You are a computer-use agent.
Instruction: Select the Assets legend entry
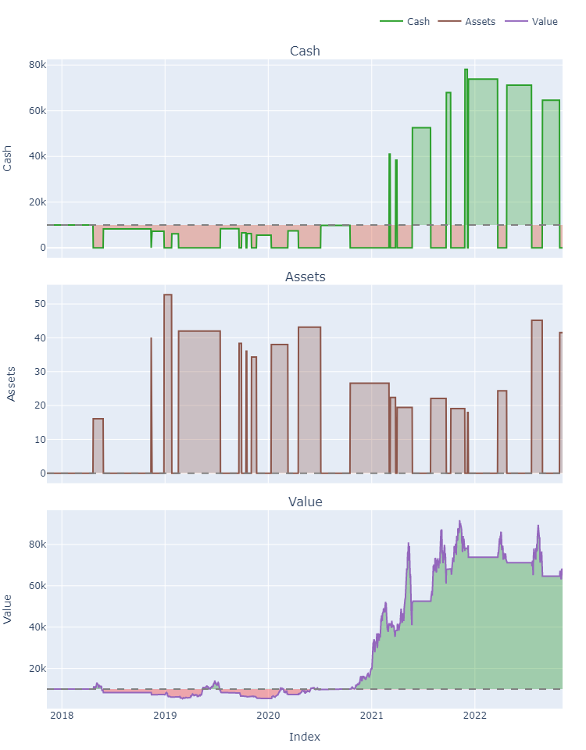click(x=480, y=22)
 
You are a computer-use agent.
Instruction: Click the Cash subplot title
click(x=305, y=52)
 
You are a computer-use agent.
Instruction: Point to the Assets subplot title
click(x=305, y=277)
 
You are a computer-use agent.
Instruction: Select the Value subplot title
click(x=305, y=502)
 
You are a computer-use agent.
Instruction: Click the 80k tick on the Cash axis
click(x=34, y=65)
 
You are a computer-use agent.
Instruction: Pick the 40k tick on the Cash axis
click(x=34, y=156)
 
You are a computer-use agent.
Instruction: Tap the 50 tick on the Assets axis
click(x=34, y=304)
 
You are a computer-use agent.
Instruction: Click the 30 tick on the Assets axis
click(x=34, y=372)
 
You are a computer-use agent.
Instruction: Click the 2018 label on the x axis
click(x=62, y=717)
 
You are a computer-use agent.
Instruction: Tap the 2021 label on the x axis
click(x=371, y=717)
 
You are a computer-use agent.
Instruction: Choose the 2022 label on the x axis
click(x=474, y=717)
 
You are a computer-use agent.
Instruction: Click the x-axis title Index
click(x=305, y=737)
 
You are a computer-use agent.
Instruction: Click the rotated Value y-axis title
click(x=8, y=609)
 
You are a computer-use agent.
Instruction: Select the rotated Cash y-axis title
click(x=8, y=157)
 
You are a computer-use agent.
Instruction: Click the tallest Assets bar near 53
click(x=168, y=383)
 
